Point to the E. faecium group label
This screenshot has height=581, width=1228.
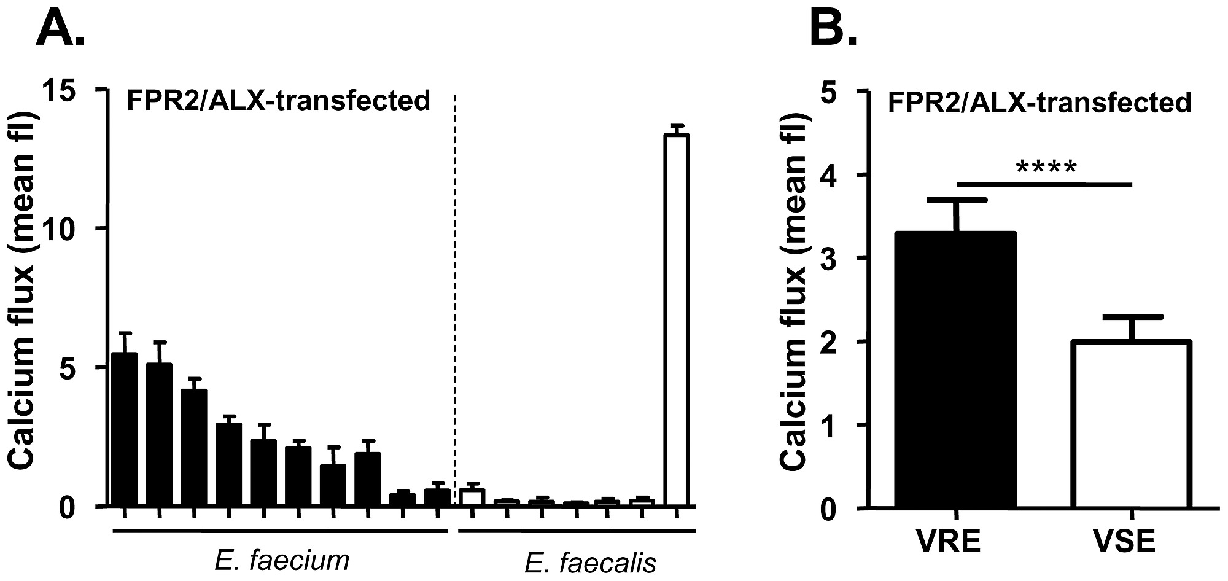(282, 560)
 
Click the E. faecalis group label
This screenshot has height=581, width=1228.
(591, 563)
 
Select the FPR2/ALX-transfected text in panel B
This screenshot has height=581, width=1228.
(1039, 102)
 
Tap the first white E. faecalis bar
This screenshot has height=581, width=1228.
(473, 497)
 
